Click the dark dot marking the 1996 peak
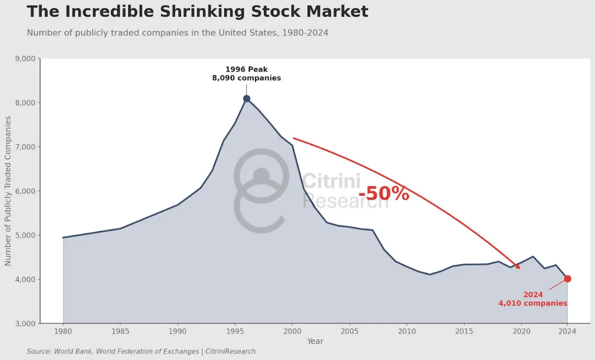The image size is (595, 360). (x=247, y=98)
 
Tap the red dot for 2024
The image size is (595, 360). (x=567, y=279)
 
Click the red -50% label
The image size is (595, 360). (x=384, y=194)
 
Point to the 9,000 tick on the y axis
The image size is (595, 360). (x=26, y=59)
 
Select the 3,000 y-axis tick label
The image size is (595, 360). (x=26, y=323)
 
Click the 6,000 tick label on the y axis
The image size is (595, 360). (x=26, y=191)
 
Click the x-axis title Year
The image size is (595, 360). (x=315, y=341)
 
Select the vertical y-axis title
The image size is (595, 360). (x=8, y=191)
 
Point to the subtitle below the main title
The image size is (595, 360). (x=177, y=33)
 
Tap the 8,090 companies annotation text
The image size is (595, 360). (x=247, y=78)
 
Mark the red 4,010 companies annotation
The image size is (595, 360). (x=533, y=303)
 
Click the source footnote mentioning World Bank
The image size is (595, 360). (x=141, y=351)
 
